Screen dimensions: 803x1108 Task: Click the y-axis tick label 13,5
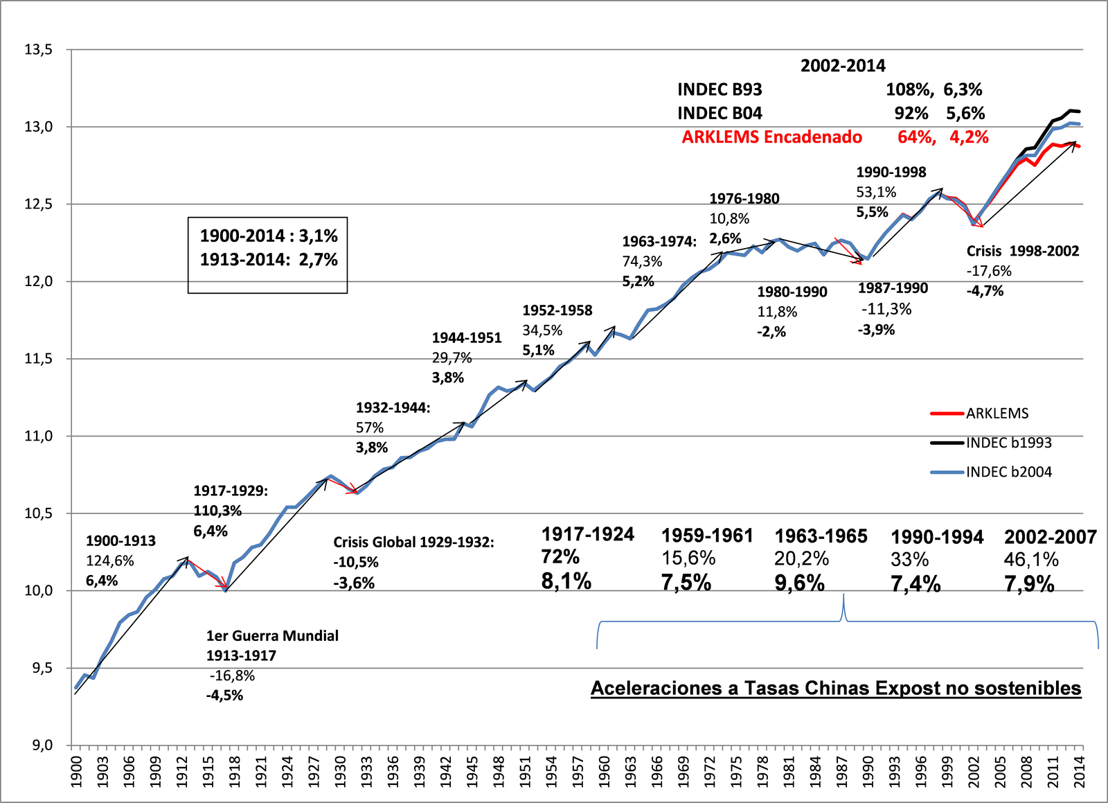coord(39,50)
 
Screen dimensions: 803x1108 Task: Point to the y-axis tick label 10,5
coord(39,513)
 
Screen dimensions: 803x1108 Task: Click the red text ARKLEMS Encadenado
coord(771,137)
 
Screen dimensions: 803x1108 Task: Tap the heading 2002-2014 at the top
coord(843,66)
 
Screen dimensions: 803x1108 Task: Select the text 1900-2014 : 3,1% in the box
coord(269,236)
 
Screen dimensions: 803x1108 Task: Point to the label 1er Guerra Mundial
coord(272,636)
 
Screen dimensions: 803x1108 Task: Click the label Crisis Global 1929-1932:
coord(413,542)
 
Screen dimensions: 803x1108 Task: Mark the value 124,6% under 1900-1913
coord(110,561)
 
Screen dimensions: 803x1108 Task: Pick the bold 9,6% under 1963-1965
coord(799,583)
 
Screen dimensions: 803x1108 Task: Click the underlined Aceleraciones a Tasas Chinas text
coord(835,689)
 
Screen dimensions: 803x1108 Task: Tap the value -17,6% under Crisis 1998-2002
coord(989,271)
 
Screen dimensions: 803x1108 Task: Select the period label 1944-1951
coord(467,338)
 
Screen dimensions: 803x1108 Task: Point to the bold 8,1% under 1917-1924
coord(566,581)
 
